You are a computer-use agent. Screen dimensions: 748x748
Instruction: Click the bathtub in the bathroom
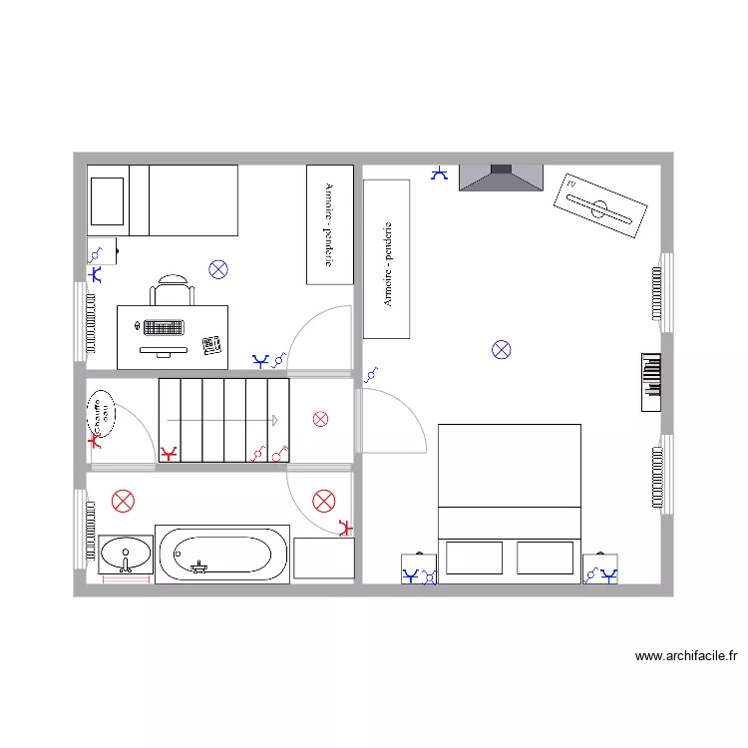[222, 555]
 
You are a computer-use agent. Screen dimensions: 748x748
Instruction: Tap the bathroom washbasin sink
[125, 552]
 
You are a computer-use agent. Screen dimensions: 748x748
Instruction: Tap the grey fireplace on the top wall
[501, 178]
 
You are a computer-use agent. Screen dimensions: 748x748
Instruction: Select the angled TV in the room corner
[599, 208]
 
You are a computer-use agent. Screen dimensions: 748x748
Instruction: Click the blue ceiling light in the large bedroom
[502, 349]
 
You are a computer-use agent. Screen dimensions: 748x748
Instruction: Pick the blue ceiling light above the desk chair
[217, 268]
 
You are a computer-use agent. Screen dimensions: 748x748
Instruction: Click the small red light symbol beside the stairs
[320, 419]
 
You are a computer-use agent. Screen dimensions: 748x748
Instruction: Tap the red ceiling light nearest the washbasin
[123, 502]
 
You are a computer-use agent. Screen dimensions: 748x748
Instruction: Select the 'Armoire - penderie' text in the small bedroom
[328, 224]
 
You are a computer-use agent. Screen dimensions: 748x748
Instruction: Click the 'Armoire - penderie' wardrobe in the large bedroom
[387, 259]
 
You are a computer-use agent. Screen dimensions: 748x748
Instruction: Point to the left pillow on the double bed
[474, 558]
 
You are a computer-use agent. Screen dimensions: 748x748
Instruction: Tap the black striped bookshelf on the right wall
[651, 381]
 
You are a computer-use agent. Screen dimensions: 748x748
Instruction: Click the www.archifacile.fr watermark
[685, 656]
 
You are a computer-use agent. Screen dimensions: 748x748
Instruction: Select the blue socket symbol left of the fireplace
[439, 175]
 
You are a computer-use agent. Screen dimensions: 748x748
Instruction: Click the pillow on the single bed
[107, 200]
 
